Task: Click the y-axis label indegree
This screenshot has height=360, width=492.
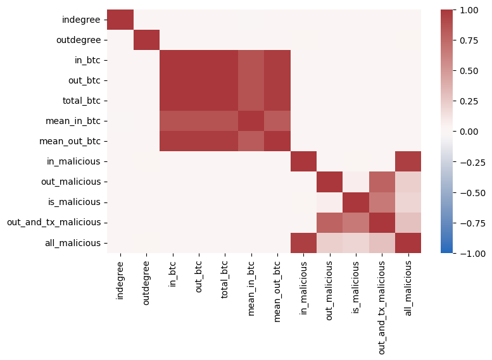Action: tap(80, 20)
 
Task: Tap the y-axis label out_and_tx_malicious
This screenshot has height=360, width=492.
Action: tap(53, 222)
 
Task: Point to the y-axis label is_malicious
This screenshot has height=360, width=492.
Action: tap(75, 202)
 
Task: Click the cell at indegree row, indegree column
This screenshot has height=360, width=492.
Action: tap(120, 20)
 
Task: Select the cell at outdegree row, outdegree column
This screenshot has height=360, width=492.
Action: tap(146, 40)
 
